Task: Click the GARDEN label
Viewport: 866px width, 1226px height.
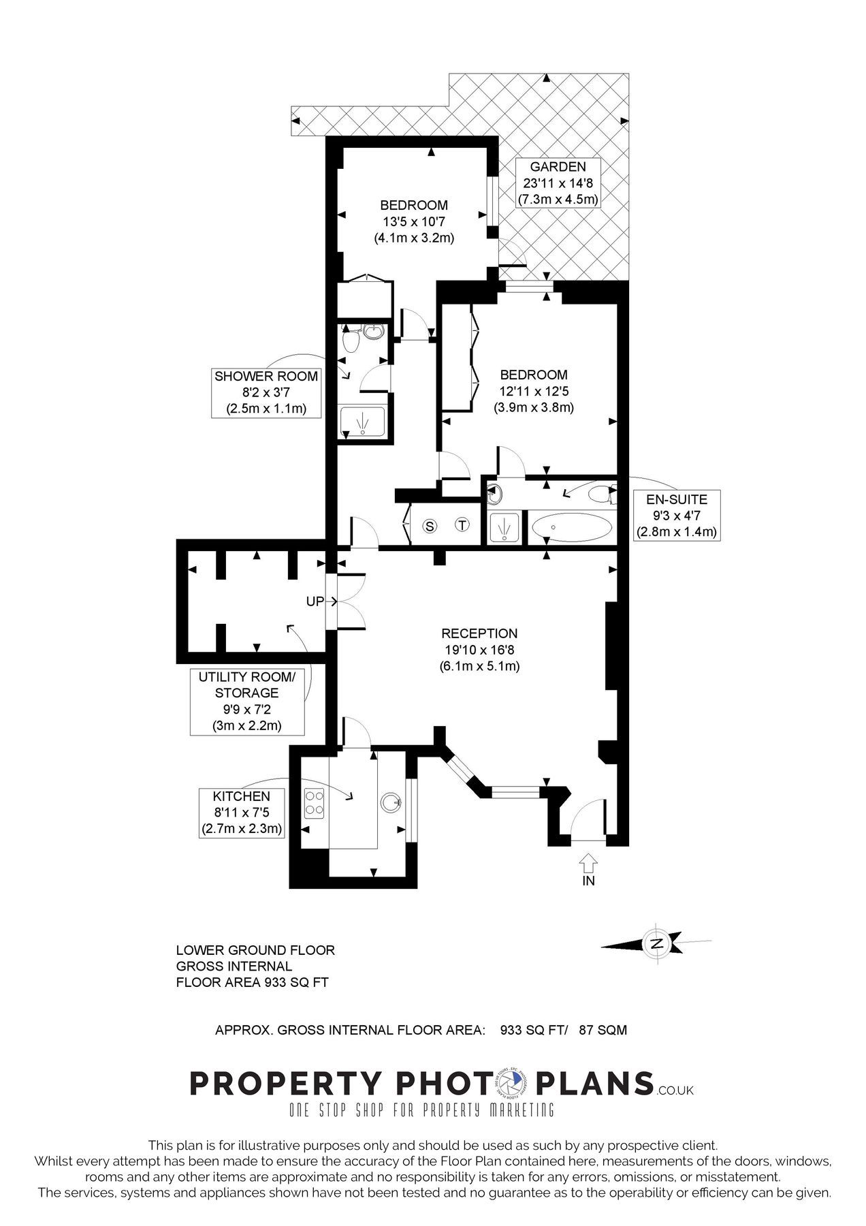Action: click(558, 167)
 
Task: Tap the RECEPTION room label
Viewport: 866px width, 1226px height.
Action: click(479, 633)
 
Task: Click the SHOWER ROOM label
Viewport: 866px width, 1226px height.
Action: click(266, 377)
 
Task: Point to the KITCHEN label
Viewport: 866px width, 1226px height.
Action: click(242, 796)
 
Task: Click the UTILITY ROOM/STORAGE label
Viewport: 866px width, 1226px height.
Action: click(246, 685)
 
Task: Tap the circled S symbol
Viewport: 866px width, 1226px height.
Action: click(430, 526)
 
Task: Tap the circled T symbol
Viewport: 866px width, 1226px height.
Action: click(462, 525)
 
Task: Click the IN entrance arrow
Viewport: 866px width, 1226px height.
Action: click(589, 864)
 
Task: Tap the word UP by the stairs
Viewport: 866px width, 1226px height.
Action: click(315, 602)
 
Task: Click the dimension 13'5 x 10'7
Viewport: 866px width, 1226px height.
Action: click(414, 221)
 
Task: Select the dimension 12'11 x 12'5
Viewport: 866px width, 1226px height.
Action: click(534, 391)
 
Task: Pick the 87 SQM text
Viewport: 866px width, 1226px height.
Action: click(603, 1031)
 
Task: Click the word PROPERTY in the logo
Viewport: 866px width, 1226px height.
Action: click(285, 1084)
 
